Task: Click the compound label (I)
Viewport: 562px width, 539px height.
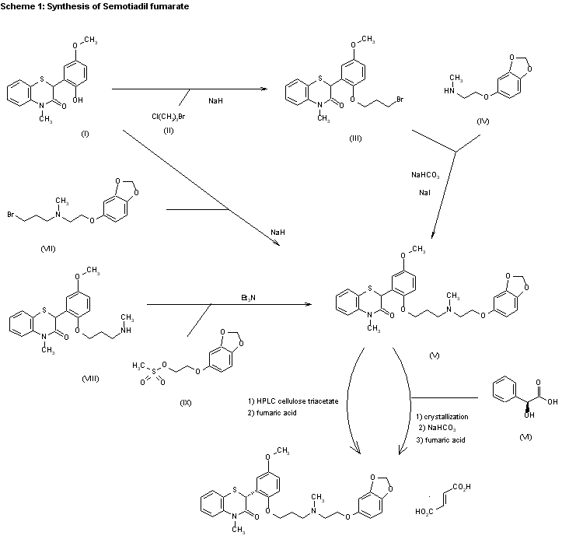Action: coord(85,135)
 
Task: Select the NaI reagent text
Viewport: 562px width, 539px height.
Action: coord(424,191)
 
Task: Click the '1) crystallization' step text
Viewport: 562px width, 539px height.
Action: coord(442,417)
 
